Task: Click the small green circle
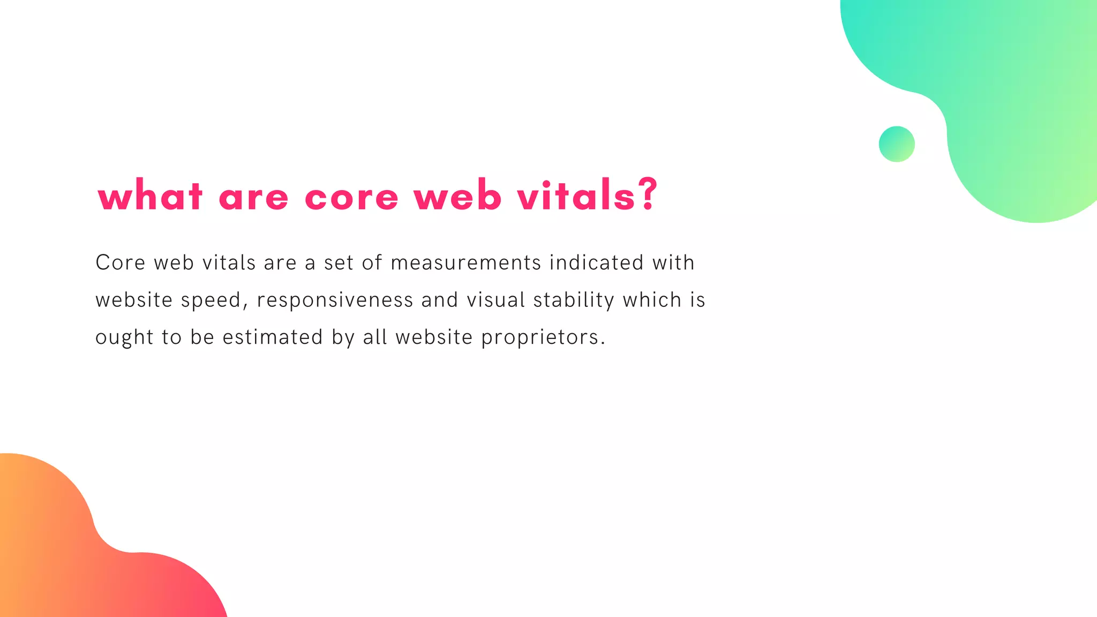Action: click(897, 144)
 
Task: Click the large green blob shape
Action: click(1007, 107)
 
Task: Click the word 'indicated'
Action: click(596, 262)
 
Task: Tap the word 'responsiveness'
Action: click(335, 300)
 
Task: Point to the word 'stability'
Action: click(574, 300)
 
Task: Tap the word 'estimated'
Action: click(273, 337)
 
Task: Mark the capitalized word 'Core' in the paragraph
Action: click(121, 263)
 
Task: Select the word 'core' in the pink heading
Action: click(351, 197)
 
